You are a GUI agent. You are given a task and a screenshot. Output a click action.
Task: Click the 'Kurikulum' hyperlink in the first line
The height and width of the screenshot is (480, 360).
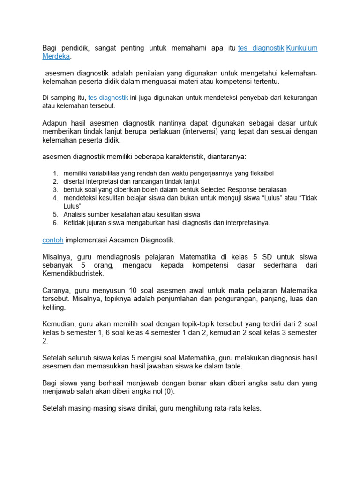point(302,48)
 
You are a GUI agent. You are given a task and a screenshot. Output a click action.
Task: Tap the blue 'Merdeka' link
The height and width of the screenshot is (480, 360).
point(56,56)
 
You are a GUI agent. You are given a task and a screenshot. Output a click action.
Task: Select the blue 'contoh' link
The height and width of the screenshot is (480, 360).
point(52,240)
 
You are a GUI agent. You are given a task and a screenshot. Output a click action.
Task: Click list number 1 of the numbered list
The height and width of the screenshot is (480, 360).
point(55,173)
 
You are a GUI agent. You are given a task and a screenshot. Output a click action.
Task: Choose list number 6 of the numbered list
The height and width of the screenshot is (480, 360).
point(55,223)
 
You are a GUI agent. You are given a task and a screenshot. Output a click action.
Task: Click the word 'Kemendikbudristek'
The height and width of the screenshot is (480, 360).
point(73,274)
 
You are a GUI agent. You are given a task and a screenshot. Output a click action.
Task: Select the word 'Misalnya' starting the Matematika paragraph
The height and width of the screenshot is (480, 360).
point(57,257)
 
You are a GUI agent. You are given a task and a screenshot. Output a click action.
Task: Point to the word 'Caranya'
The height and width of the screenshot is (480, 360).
point(56,291)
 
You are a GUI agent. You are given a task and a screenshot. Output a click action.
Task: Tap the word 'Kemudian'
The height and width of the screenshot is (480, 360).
point(58,324)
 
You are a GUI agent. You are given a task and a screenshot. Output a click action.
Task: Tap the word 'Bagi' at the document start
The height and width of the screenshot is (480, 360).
point(50,48)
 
